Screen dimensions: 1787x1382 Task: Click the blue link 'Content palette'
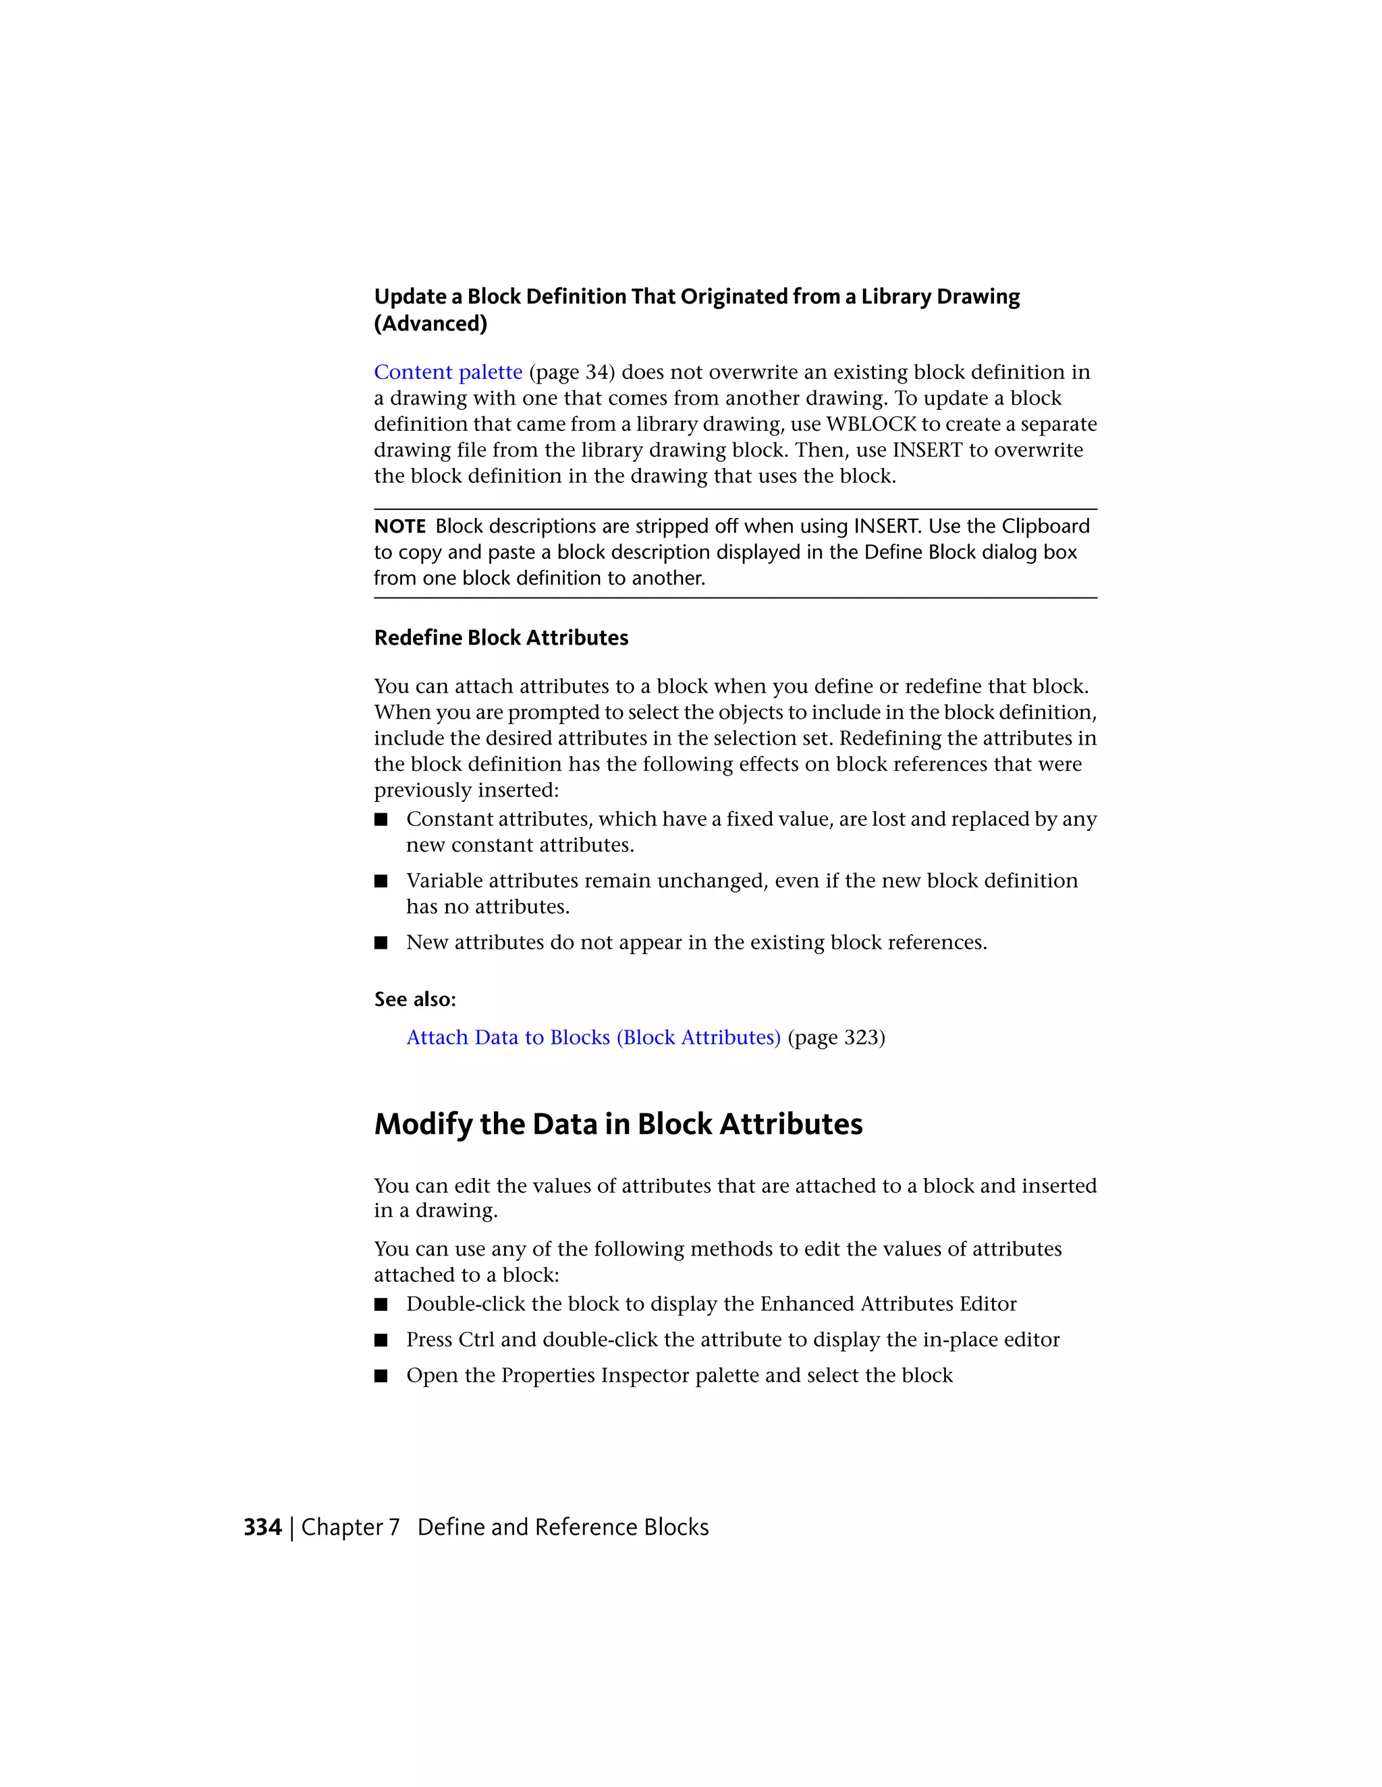[x=448, y=372]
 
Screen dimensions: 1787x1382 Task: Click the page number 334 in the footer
[x=262, y=1527]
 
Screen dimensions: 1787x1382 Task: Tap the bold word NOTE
[x=399, y=526]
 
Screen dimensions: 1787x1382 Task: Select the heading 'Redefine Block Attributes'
[x=501, y=638]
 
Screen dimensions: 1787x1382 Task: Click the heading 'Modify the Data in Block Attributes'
[x=618, y=1124]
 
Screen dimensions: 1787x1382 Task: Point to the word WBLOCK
[x=870, y=424]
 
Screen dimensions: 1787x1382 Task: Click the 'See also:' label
[x=415, y=999]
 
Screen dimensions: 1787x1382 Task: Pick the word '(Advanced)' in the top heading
[x=431, y=324]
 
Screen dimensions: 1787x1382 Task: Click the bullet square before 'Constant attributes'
[x=381, y=820]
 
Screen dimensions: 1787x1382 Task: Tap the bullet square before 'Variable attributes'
[x=381, y=881]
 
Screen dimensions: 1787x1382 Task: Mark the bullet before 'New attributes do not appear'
[x=381, y=943]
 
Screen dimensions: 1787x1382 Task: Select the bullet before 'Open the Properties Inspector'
[x=381, y=1376]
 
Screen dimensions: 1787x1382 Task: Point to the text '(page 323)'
[x=836, y=1038]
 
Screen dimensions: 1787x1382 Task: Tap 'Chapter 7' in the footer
[x=350, y=1527]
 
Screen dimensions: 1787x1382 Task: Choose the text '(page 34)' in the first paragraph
[x=572, y=372]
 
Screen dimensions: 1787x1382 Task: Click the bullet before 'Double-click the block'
[x=381, y=1304]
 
